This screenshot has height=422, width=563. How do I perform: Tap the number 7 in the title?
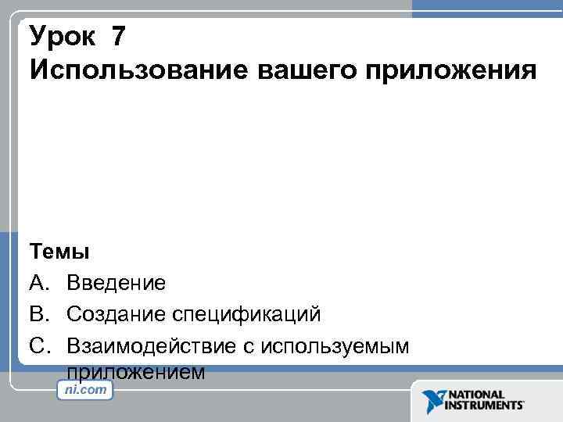(x=119, y=36)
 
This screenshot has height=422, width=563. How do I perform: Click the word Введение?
(x=116, y=283)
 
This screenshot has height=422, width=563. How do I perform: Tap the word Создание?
(x=116, y=314)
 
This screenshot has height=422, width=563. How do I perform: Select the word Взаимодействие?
(x=152, y=345)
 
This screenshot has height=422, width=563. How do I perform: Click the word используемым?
(x=336, y=345)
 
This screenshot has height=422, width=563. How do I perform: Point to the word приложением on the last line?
(x=136, y=370)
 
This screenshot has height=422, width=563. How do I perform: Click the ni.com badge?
(x=86, y=389)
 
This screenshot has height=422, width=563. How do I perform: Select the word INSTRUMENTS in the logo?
(x=485, y=406)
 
